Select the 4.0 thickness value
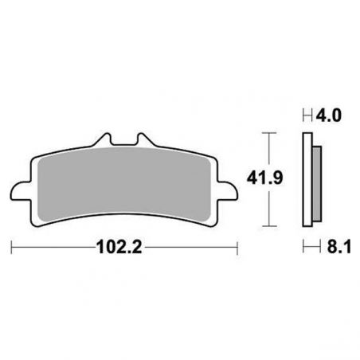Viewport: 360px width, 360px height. coord(329,115)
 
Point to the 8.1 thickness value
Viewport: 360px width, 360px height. coord(329,248)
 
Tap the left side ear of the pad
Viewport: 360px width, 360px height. coord(18,192)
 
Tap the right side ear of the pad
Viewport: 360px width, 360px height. coord(231,192)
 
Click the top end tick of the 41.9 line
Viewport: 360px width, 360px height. coord(272,132)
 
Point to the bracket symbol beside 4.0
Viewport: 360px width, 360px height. coord(307,115)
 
